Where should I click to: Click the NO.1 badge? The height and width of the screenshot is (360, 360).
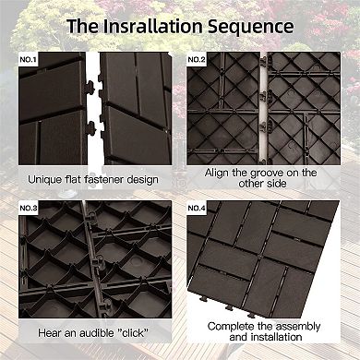click(x=29, y=60)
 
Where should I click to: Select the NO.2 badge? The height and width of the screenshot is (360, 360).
click(x=197, y=60)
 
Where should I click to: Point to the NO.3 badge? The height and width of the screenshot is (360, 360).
click(x=29, y=209)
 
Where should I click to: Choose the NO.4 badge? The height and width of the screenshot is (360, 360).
click(x=197, y=209)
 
